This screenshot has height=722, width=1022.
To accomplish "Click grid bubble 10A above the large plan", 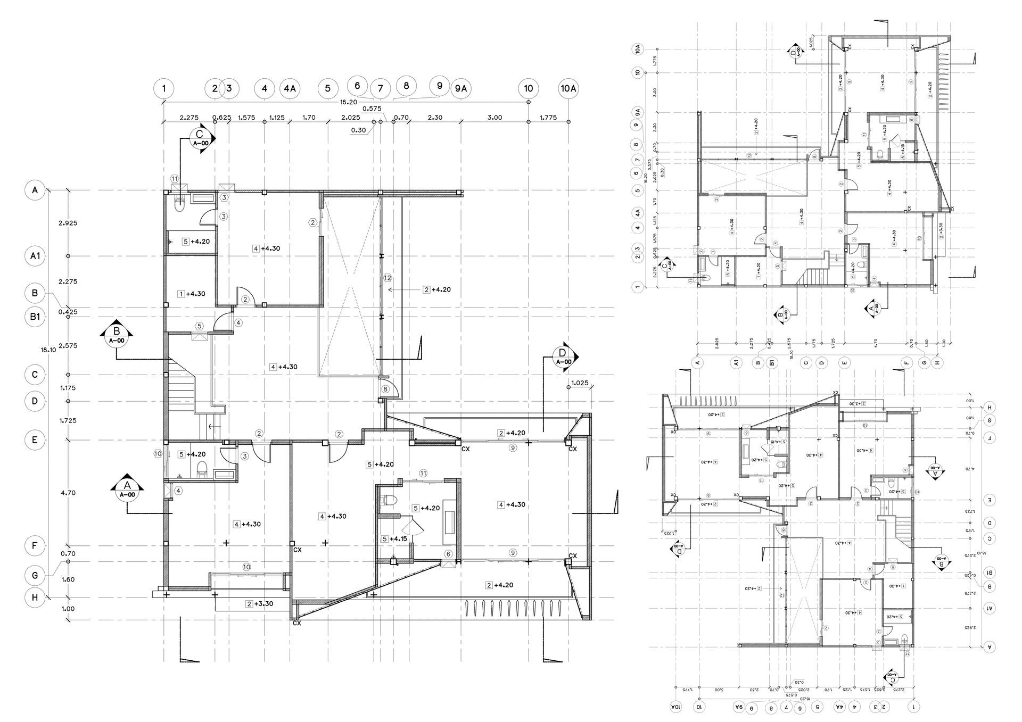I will pos(568,88).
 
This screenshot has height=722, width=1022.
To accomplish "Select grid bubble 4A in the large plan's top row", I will pos(289,88).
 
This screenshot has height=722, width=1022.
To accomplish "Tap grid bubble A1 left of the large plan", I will pos(35,256).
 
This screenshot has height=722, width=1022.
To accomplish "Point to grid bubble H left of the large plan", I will pos(35,597).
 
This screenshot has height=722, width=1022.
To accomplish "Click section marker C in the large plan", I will pos(200,140).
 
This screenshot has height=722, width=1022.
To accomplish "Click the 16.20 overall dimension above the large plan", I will pos(349,102).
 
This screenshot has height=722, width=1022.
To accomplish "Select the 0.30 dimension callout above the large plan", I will pos(358,130).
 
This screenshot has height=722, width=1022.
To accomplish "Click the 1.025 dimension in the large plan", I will pos(579,383).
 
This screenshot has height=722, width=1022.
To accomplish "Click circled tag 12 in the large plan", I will pos(387,278).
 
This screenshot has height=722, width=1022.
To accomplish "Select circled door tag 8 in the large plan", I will pos(385,389).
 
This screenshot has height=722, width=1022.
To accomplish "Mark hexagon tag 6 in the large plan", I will pos(448,554).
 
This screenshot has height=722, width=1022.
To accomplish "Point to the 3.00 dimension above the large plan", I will pos(494,118).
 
